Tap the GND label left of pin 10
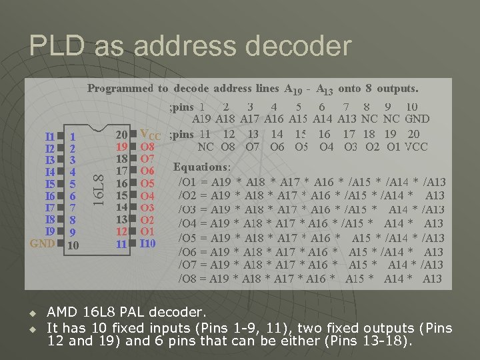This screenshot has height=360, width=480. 43,244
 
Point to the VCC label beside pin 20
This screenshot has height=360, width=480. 151,135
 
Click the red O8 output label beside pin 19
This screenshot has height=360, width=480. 147,147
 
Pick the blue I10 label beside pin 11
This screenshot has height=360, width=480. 147,244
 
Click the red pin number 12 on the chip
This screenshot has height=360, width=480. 121,231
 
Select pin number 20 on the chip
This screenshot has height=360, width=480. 121,135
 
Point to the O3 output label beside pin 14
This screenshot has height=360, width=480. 147,207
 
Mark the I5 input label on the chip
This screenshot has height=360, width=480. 49,184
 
